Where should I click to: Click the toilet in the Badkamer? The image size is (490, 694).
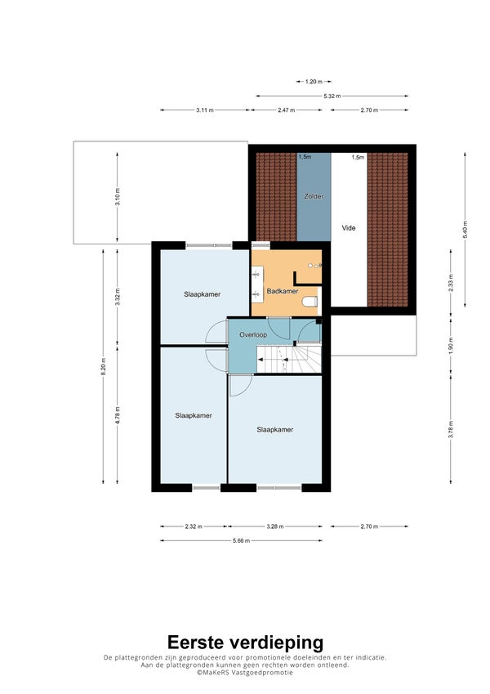pyautogui.click(x=310, y=302)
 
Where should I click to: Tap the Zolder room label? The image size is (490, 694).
pyautogui.click(x=314, y=196)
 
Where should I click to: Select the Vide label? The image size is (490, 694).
pyautogui.click(x=349, y=228)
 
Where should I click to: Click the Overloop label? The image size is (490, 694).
pyautogui.click(x=253, y=334)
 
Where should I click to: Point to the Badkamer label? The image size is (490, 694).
pyautogui.click(x=282, y=291)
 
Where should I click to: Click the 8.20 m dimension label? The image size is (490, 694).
pyautogui.click(x=104, y=366)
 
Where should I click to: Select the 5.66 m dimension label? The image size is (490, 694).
pyautogui.click(x=241, y=540)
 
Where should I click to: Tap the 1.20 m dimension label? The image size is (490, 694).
pyautogui.click(x=314, y=82)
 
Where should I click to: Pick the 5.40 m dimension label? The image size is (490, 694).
pyautogui.click(x=465, y=230)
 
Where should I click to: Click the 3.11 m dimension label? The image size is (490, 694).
pyautogui.click(x=205, y=110)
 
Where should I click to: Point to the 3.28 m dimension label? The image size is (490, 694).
pyautogui.click(x=275, y=526)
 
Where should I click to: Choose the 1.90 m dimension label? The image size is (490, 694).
pyautogui.click(x=451, y=343)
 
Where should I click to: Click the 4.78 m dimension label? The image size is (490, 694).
pyautogui.click(x=118, y=415)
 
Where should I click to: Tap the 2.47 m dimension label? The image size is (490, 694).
pyautogui.click(x=286, y=110)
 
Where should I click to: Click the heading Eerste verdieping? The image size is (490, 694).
pyautogui.click(x=245, y=643)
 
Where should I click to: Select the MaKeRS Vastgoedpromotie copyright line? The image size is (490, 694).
pyautogui.click(x=245, y=672)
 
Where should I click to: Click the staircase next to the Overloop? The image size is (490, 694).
pyautogui.click(x=289, y=360)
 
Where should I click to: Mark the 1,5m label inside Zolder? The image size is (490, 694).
pyautogui.click(x=305, y=157)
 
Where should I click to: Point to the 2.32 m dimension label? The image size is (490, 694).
pyautogui.click(x=194, y=526)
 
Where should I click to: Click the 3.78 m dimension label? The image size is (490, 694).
pyautogui.click(x=451, y=429)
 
